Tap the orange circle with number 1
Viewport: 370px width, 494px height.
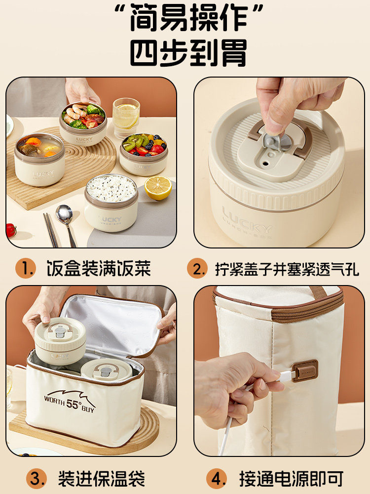point(25,269)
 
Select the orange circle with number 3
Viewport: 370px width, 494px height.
point(25,478)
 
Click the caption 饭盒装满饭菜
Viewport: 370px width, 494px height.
point(98,269)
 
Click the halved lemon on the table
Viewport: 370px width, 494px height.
point(158,188)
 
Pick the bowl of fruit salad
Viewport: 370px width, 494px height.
point(144,153)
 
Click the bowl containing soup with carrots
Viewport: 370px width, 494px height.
point(39,158)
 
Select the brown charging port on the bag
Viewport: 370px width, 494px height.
point(304,370)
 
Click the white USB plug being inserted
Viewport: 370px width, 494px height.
point(286,376)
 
